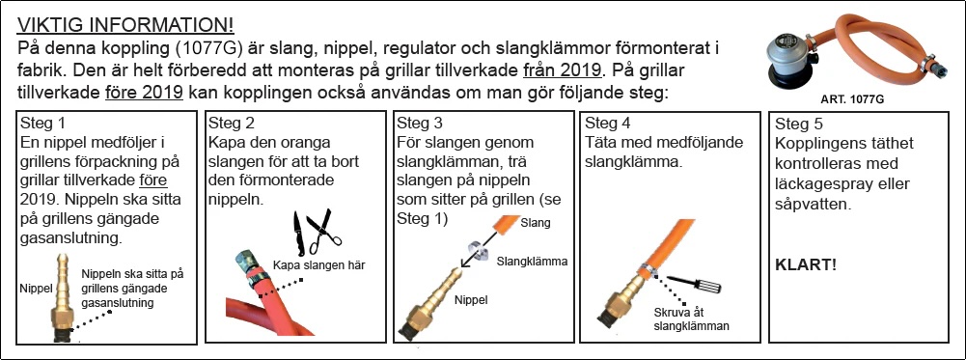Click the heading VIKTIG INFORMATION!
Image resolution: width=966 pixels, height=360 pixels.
(x=125, y=25)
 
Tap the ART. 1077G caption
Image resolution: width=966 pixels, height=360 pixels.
(x=852, y=99)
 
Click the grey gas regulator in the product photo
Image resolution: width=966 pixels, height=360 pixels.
(x=789, y=60)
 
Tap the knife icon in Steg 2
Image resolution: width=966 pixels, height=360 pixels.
(x=297, y=233)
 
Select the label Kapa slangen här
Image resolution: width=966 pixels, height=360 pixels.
(x=319, y=265)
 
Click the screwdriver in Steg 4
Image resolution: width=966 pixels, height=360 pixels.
(x=694, y=284)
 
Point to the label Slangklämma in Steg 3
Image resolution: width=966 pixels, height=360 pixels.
(x=532, y=262)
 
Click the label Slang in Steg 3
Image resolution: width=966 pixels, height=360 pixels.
(x=536, y=223)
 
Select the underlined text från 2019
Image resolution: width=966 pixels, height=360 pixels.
(x=562, y=70)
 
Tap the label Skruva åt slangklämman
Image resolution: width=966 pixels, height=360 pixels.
(x=691, y=319)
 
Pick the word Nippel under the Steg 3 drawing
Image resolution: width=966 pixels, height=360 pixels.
(x=471, y=300)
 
